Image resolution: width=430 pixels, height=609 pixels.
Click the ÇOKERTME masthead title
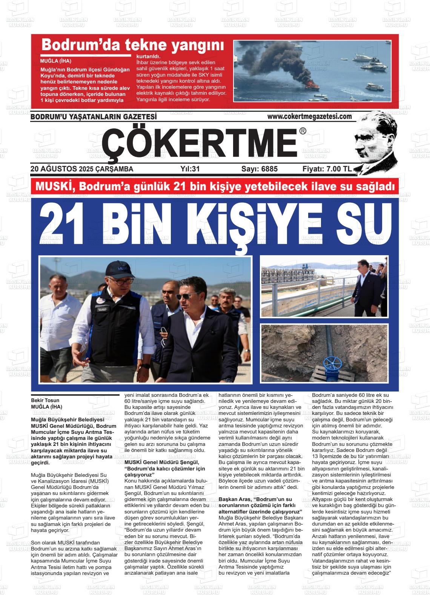pos(200,143)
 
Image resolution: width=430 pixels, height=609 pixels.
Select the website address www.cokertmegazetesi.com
pos(309,117)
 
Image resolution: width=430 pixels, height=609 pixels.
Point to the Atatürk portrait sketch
pos(376,142)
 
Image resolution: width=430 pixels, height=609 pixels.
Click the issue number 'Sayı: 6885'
pos(259,169)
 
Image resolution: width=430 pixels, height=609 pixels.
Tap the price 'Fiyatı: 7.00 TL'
pos(327,169)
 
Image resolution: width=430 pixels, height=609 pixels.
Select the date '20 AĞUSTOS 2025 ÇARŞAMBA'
pos(81,169)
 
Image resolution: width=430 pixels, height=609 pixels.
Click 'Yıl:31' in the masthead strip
pos(190,169)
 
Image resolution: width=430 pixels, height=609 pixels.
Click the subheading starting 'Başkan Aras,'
pos(255,500)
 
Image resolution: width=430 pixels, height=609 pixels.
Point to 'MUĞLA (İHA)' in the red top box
pos(55,61)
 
